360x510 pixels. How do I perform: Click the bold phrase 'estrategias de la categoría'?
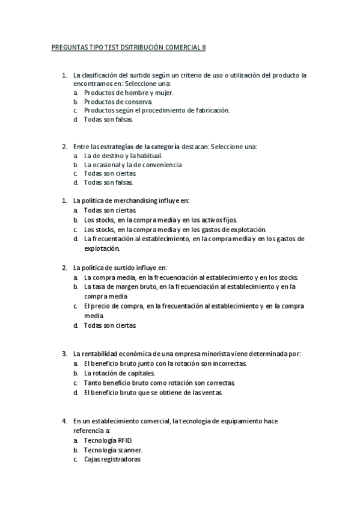click(139, 147)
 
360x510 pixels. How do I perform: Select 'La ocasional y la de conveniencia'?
click(133, 164)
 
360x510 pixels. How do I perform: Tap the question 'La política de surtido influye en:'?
click(120, 267)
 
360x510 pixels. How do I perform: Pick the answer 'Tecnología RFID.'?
click(109, 440)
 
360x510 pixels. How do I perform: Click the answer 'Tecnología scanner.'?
click(112, 449)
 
